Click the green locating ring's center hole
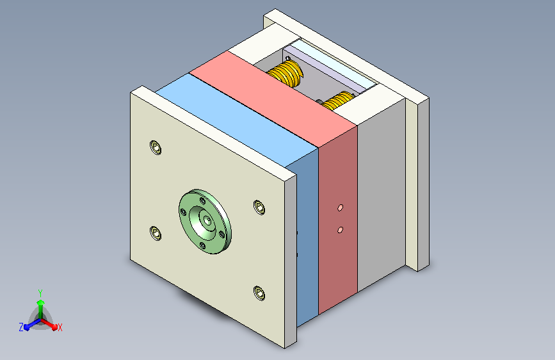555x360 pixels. [x=209, y=220]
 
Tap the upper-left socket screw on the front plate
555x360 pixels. [x=156, y=147]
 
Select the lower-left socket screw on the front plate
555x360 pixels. [x=156, y=233]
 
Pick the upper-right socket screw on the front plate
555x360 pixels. [x=259, y=208]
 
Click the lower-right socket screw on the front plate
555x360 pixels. [x=259, y=293]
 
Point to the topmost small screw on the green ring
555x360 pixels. [x=203, y=201]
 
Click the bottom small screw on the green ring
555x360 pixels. [x=202, y=245]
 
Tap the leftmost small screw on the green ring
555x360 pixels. [x=183, y=212]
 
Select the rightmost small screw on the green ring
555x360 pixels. [x=222, y=234]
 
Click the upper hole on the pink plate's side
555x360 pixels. [x=340, y=208]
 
